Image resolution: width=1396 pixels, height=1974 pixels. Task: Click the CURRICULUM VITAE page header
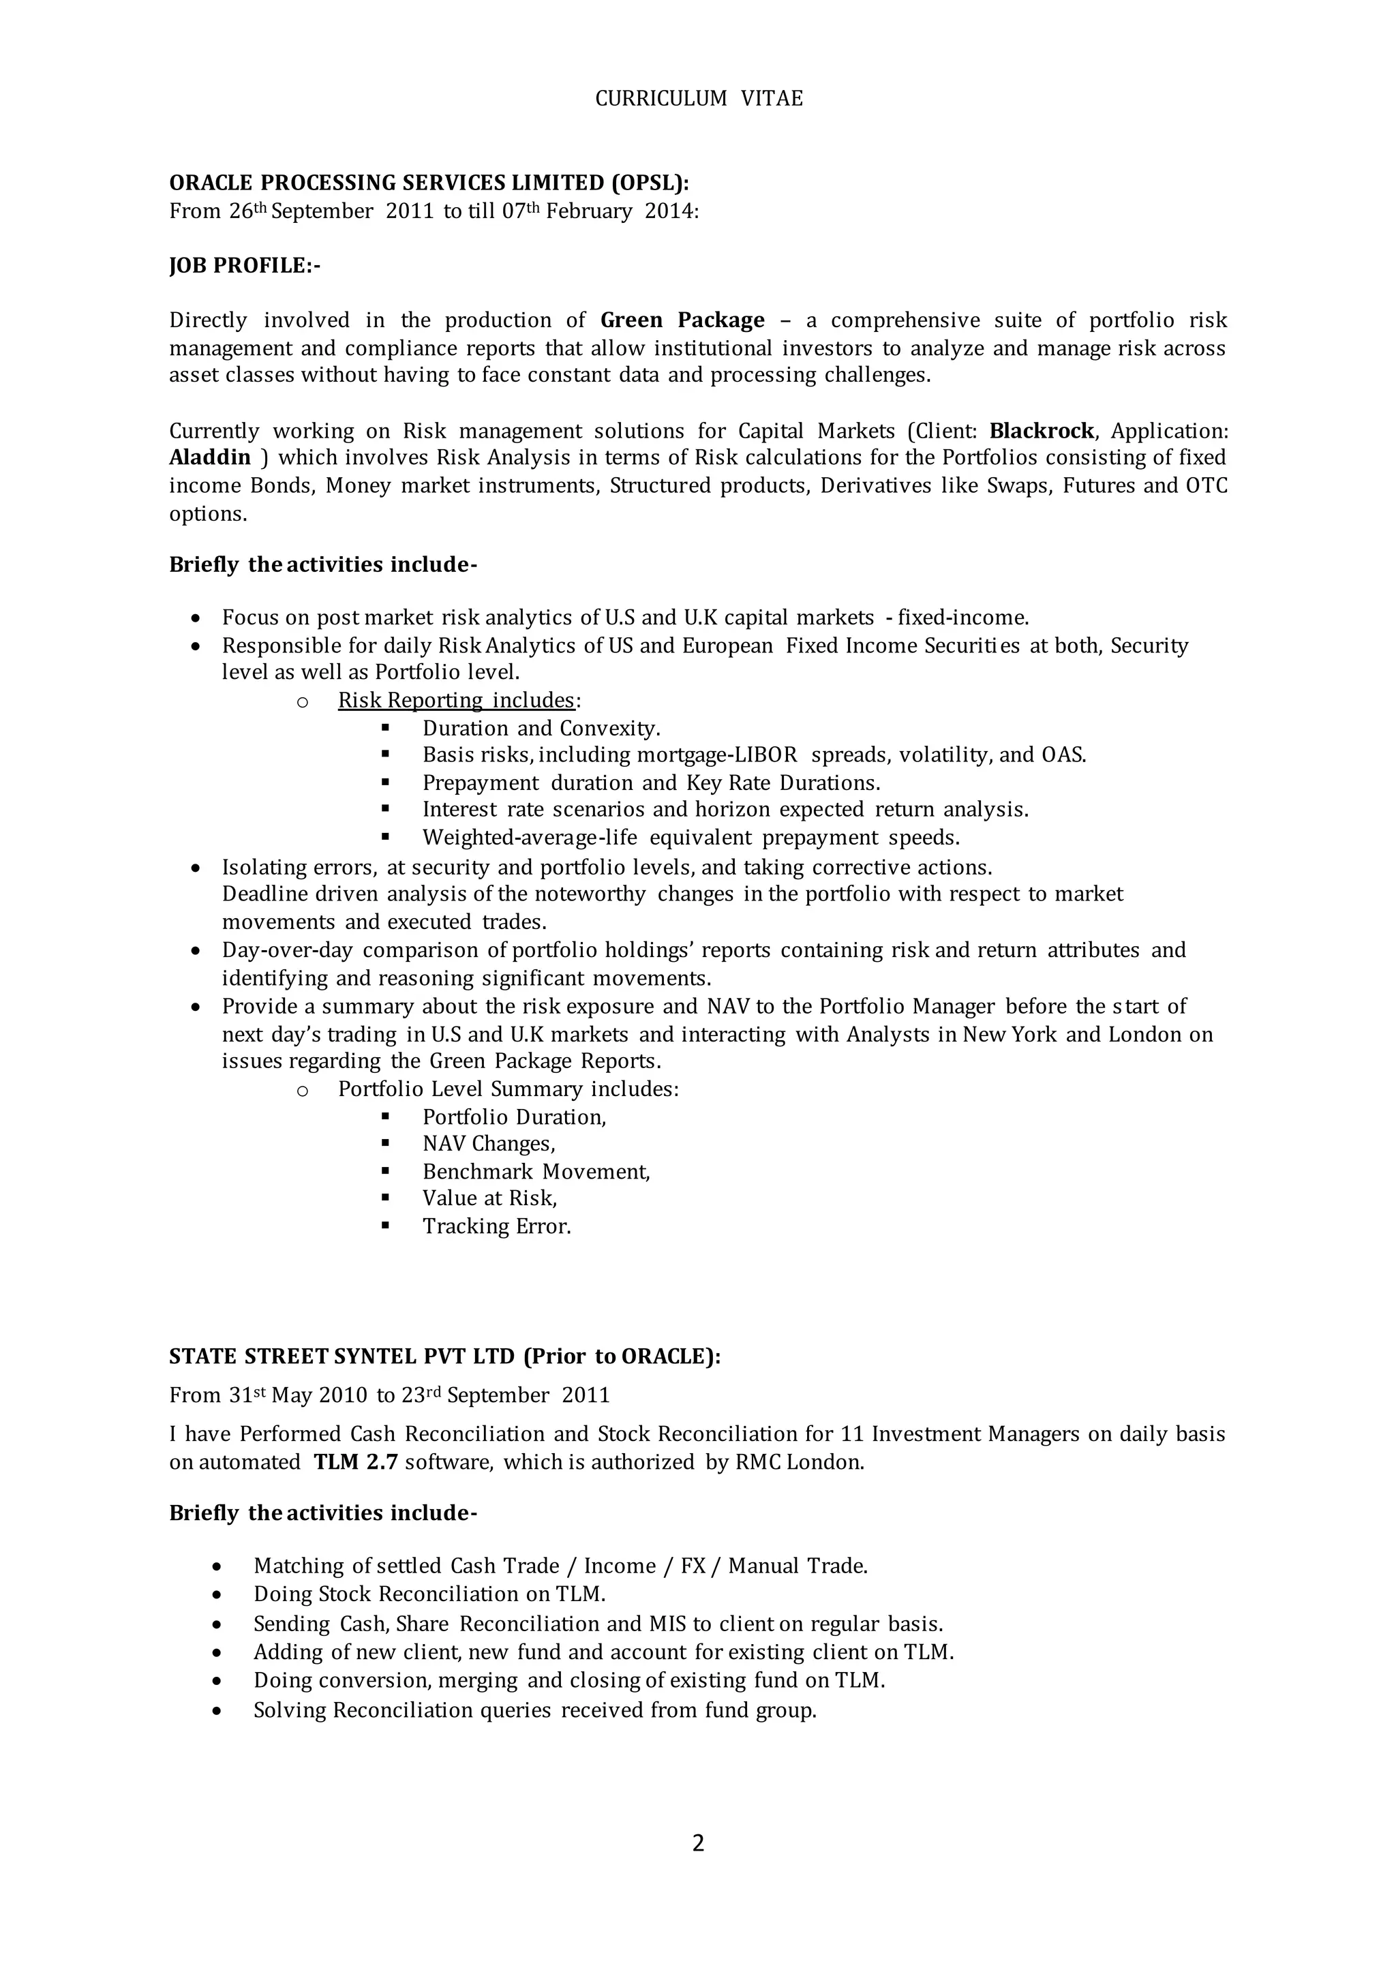coord(698,99)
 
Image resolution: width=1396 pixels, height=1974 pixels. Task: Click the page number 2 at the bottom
coord(697,1842)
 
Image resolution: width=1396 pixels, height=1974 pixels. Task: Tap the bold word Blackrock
coord(1042,431)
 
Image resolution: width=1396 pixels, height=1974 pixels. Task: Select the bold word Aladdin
coord(210,457)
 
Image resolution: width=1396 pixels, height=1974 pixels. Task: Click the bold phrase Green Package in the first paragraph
coord(682,320)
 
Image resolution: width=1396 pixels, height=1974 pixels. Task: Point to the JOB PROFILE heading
coord(244,266)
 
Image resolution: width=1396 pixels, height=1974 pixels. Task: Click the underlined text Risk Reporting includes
coord(455,700)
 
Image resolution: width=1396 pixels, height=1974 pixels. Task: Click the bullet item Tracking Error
coord(496,1226)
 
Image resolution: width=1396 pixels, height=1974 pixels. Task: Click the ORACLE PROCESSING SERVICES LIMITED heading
coord(429,183)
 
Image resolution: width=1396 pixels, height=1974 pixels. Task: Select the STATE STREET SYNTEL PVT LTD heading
coord(444,1356)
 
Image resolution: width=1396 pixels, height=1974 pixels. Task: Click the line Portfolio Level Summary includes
coord(508,1089)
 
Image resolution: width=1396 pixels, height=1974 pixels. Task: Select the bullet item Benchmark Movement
coord(536,1172)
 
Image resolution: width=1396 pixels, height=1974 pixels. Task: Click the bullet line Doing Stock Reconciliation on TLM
coord(429,1594)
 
